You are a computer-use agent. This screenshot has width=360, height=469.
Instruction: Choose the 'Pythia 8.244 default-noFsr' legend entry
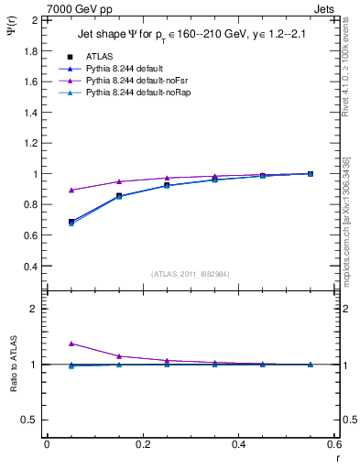[x=135, y=81]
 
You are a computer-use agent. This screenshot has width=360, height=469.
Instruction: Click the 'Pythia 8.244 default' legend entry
[x=124, y=69]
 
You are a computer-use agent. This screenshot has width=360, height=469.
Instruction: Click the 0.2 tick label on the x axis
[x=143, y=444]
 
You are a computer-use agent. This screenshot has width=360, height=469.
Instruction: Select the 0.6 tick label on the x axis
[x=334, y=444]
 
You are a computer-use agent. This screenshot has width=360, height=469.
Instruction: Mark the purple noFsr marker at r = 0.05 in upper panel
[x=71, y=191]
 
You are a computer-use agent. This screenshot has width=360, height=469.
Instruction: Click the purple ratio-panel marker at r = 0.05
[x=71, y=344]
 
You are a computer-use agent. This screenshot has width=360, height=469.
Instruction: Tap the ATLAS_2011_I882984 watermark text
[x=190, y=273]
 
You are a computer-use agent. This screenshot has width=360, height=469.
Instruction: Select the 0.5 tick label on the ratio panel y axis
[x=28, y=420]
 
